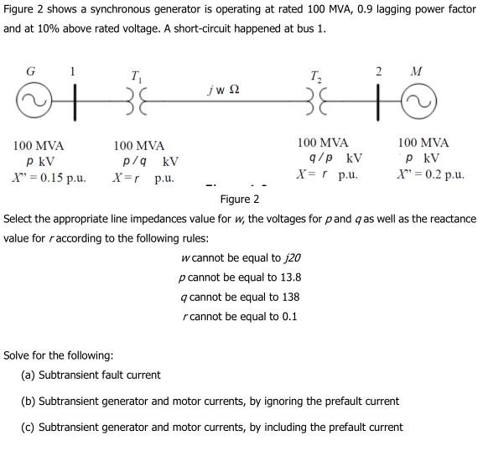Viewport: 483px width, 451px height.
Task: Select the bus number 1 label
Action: (72, 72)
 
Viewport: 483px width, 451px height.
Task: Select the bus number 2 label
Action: (377, 71)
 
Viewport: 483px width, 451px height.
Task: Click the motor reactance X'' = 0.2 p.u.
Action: (431, 175)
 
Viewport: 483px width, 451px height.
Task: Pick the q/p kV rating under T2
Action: (335, 158)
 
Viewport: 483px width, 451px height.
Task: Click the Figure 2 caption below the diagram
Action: (240, 200)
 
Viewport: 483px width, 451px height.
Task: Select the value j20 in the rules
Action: (292, 257)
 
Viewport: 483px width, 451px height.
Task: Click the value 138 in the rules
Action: (290, 297)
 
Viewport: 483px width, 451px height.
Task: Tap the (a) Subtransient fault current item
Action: (91, 375)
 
